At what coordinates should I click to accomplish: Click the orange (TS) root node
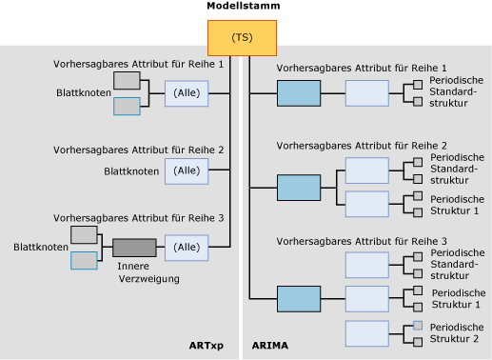(x=242, y=37)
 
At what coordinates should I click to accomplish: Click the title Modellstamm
(x=243, y=7)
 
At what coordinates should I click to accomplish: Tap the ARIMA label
(x=269, y=346)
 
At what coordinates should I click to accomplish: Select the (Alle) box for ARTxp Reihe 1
(x=187, y=94)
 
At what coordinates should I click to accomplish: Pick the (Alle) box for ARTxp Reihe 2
(x=187, y=170)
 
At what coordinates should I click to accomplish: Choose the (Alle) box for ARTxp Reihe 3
(x=187, y=248)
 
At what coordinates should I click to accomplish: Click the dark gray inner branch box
(x=134, y=248)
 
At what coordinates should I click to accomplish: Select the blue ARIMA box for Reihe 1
(x=299, y=93)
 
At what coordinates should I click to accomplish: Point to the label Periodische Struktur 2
(x=457, y=332)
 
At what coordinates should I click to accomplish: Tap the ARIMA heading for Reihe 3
(x=362, y=242)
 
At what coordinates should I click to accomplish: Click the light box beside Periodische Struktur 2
(x=366, y=332)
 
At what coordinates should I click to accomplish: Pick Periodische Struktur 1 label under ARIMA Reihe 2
(x=457, y=204)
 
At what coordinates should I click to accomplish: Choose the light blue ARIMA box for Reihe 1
(x=366, y=93)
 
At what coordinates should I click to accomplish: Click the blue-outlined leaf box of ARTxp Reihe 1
(x=127, y=106)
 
